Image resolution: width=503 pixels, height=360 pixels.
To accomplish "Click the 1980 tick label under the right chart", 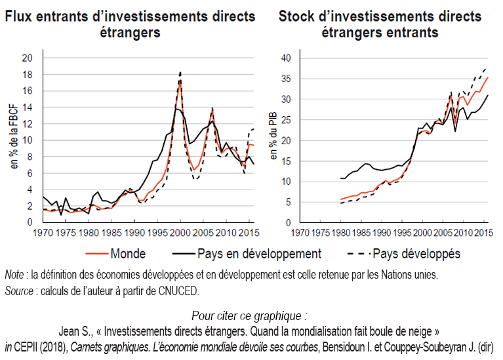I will [x=340, y=233].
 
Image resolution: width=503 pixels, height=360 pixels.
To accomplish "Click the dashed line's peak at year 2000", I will [x=180, y=72].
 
